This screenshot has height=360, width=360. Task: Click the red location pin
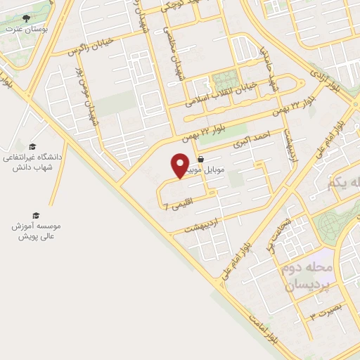coord(180,166)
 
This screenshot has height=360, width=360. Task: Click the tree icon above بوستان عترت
coord(27,18)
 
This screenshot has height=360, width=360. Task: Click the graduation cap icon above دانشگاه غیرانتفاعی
coord(32,147)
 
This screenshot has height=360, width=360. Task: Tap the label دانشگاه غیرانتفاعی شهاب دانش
coord(32,162)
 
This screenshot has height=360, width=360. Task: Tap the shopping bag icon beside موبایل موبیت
coord(202,159)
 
